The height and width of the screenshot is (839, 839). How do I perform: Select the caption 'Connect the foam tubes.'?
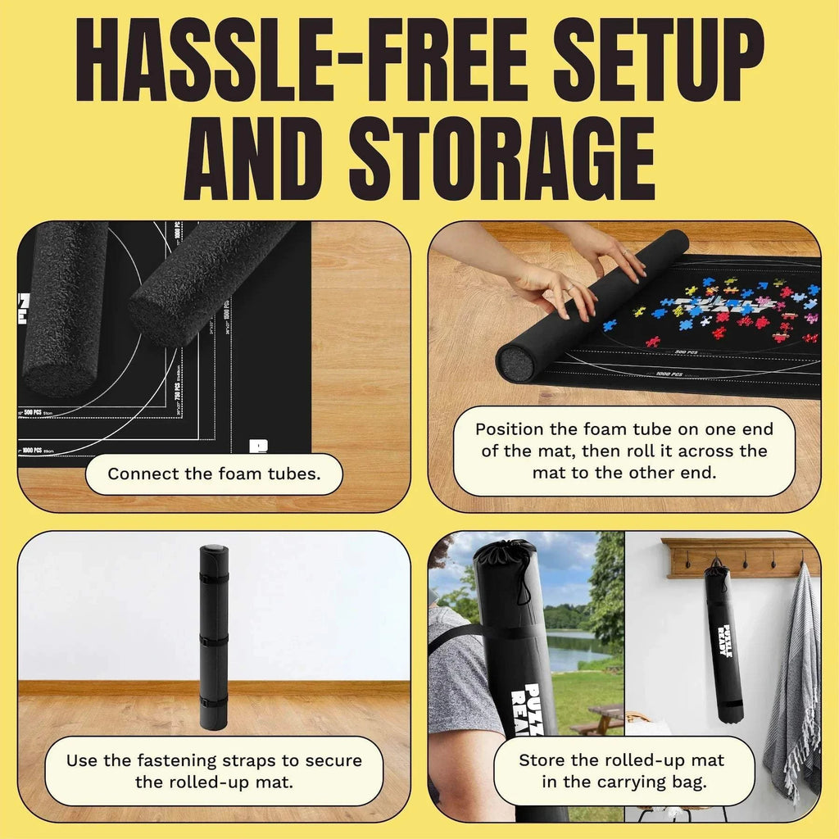pos(214,474)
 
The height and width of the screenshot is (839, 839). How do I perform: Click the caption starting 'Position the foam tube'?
pos(624,451)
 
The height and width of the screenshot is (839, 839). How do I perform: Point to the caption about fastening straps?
pos(214,771)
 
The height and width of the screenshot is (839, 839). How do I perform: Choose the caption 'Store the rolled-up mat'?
pos(624,771)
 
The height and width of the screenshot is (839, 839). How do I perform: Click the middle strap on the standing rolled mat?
pos(214,639)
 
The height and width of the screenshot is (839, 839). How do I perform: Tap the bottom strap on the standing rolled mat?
pos(214,701)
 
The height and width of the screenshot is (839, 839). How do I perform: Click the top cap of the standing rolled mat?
pos(214,550)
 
